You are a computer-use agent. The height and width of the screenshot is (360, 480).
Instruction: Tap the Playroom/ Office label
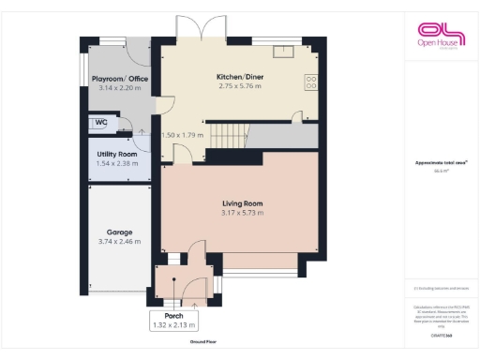point(119,79)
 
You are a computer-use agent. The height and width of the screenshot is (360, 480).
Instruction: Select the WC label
point(100,122)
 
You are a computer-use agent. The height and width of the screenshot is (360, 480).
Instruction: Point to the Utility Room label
point(116,154)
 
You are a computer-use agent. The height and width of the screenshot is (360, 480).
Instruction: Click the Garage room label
point(119,232)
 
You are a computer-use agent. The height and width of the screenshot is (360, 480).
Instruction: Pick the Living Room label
point(242,203)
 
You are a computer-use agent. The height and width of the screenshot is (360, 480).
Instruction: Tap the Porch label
point(173,316)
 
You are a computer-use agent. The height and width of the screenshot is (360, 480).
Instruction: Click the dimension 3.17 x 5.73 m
point(242,213)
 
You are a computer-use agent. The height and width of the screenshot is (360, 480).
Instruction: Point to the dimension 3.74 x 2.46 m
point(119,241)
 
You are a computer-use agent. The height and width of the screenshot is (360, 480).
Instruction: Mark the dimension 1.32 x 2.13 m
point(173,324)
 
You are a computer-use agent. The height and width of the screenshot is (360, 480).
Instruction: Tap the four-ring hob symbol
point(311,82)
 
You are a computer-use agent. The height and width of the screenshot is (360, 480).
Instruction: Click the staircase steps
point(225,137)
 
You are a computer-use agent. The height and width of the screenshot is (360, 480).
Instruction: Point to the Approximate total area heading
point(438,163)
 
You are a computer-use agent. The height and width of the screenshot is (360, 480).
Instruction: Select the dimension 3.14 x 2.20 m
point(119,87)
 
